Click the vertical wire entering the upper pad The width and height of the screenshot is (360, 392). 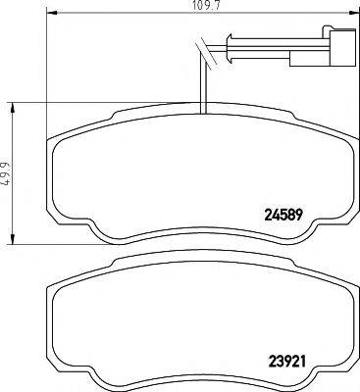click(202, 83)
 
